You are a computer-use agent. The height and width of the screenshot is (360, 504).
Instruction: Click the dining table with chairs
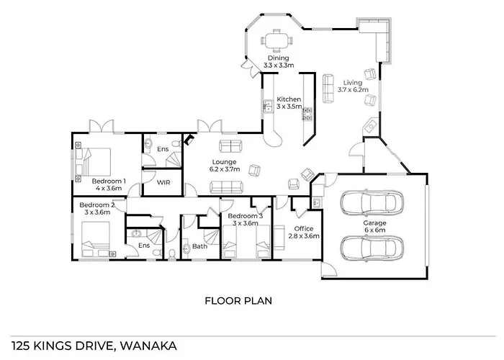(x=276, y=41)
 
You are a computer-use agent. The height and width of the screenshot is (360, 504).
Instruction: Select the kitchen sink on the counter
(x=268, y=106)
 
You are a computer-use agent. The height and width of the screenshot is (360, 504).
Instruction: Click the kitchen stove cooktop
(x=307, y=114)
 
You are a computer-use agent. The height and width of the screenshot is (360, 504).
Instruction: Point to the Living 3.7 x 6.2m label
(x=353, y=86)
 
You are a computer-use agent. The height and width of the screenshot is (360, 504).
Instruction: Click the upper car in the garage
(x=372, y=202)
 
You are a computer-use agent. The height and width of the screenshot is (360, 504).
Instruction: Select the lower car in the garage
(x=372, y=248)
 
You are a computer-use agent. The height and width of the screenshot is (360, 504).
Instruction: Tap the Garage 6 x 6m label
(x=375, y=226)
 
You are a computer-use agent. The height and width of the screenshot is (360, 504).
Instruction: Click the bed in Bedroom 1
(x=93, y=161)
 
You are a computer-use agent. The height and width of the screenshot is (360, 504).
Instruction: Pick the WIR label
(x=163, y=182)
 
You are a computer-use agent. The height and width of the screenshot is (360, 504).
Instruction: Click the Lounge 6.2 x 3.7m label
(x=225, y=165)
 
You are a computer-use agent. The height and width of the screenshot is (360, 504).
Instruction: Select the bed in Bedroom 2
(x=96, y=239)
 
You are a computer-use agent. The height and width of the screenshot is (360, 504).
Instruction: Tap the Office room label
(x=304, y=228)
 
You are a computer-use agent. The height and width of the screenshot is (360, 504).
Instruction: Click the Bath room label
(x=199, y=246)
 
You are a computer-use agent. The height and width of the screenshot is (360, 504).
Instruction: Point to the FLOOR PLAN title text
(x=238, y=301)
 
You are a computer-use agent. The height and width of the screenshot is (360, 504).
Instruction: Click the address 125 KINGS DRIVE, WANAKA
(x=94, y=346)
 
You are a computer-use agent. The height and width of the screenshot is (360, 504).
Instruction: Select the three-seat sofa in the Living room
(x=328, y=89)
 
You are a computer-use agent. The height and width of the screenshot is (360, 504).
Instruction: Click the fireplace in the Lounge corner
(x=189, y=140)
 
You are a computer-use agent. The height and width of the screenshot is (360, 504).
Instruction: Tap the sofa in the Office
(x=279, y=238)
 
